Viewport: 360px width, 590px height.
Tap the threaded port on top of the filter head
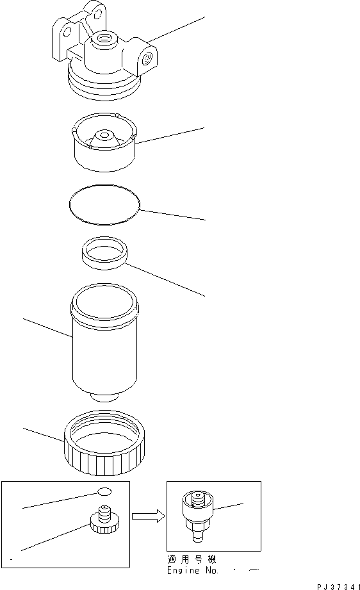[x=102, y=42]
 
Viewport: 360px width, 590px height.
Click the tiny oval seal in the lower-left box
[x=104, y=491]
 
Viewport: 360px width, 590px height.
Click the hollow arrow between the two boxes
[x=148, y=516]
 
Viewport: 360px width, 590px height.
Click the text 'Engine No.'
[x=188, y=570]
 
